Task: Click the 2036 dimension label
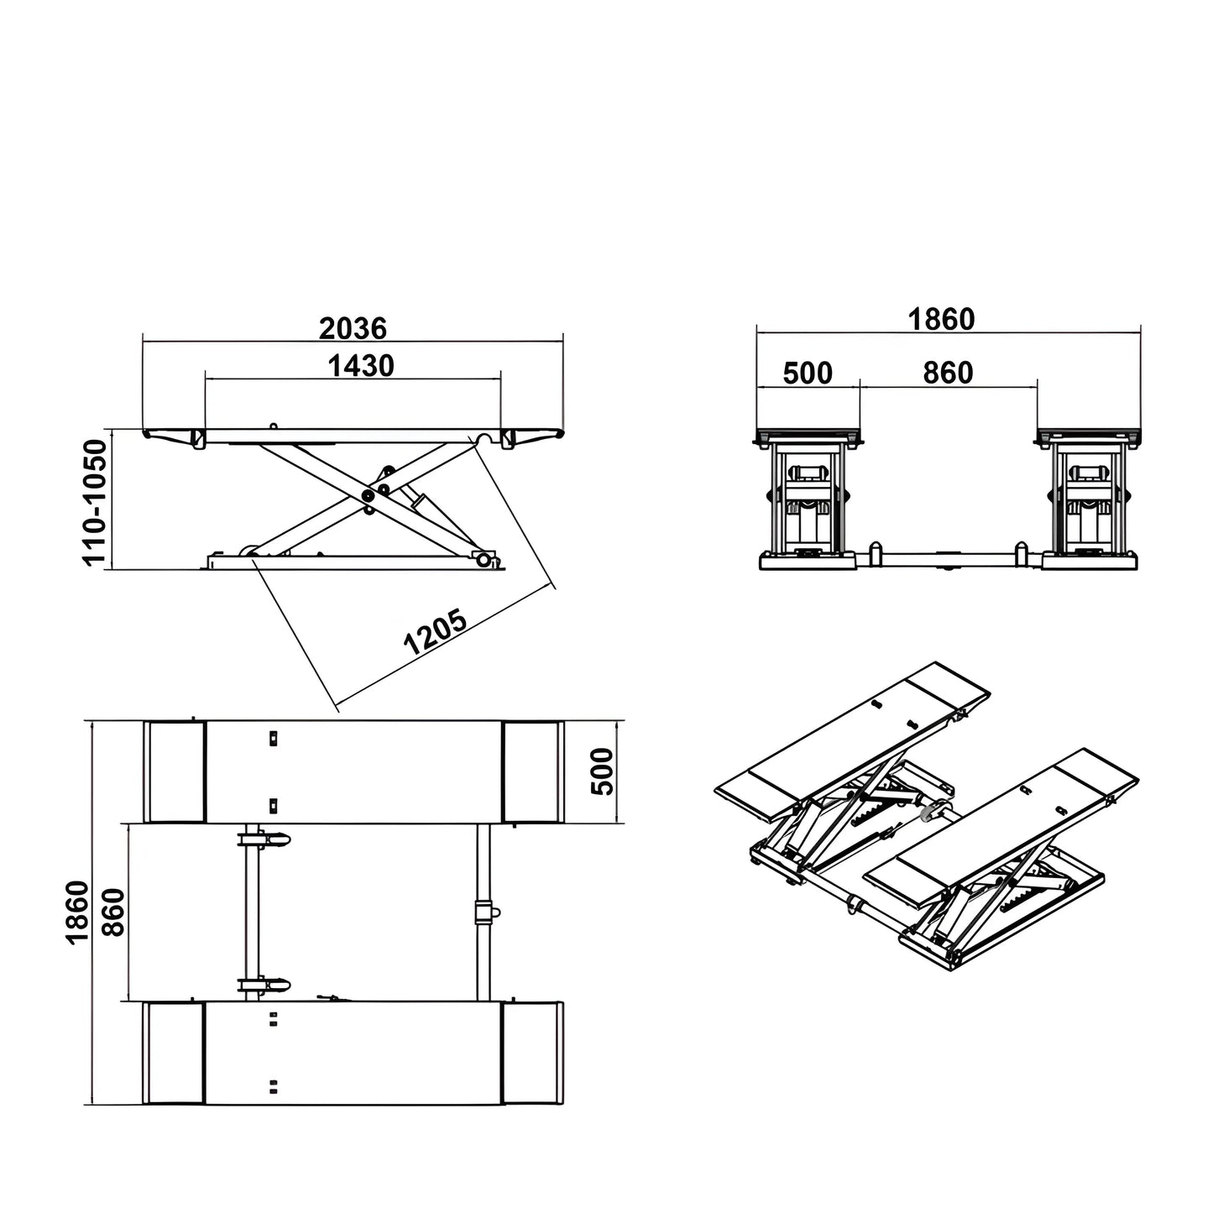[x=353, y=327]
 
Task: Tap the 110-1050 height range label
[x=97, y=501]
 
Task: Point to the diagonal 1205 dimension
[x=435, y=633]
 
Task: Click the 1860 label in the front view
[x=941, y=319]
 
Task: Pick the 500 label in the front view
[x=807, y=372]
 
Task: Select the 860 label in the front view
[x=948, y=372]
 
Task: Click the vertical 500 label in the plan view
[x=604, y=771]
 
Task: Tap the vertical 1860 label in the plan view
[x=77, y=912]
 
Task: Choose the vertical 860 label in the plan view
[x=113, y=912]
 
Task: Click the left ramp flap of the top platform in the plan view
[x=175, y=771]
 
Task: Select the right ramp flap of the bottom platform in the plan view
[x=531, y=1054]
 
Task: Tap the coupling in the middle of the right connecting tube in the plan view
[x=485, y=912]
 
